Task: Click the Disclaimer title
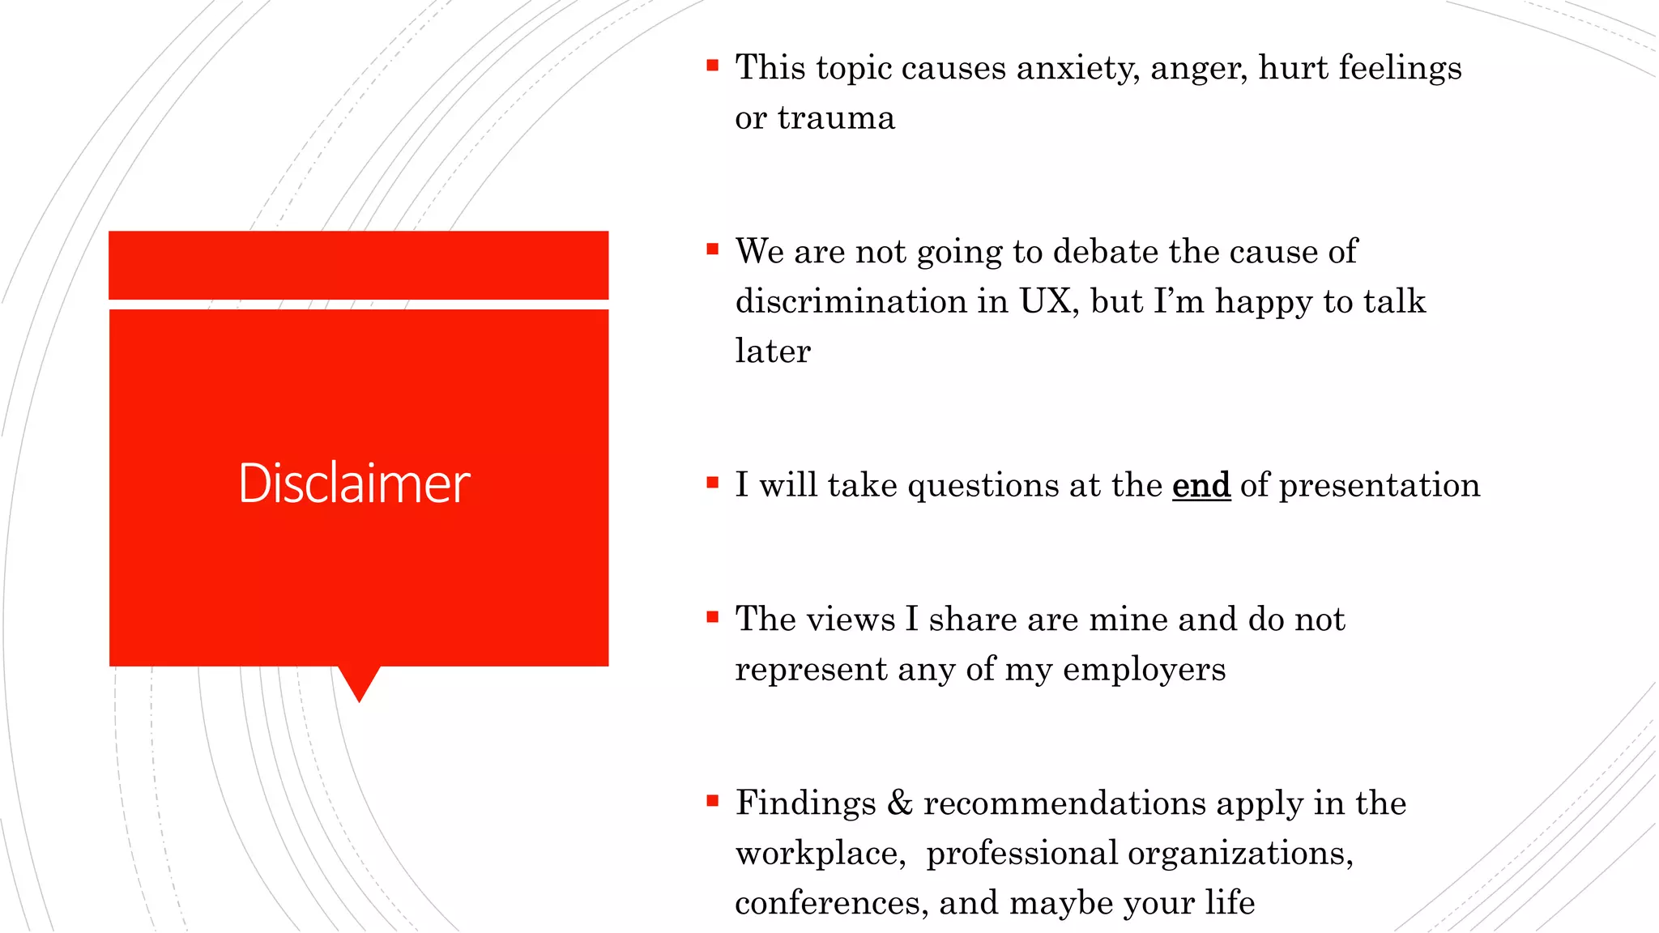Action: click(x=354, y=484)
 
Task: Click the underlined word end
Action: click(x=1201, y=485)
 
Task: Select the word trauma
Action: click(x=836, y=118)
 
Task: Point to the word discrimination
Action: click(x=851, y=301)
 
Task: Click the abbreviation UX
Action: click(x=1048, y=301)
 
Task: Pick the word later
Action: click(x=772, y=351)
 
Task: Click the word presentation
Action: click(x=1379, y=485)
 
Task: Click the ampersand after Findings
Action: click(x=899, y=803)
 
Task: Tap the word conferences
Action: click(x=831, y=903)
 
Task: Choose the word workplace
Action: click(x=820, y=854)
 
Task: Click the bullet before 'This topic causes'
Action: click(x=712, y=66)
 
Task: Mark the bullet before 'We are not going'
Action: click(x=712, y=249)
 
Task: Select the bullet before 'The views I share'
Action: click(x=712, y=617)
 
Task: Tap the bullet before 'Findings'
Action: click(x=712, y=801)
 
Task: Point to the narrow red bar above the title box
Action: click(x=358, y=265)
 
